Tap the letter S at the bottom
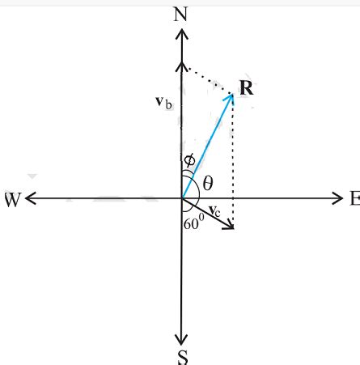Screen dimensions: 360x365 [181, 356]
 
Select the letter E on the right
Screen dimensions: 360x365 [353, 198]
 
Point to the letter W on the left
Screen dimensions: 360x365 [12, 199]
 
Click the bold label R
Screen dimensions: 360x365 [247, 87]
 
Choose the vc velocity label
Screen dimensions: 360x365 [214, 211]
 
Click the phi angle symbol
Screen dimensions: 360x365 [188, 159]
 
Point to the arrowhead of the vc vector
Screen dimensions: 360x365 [230, 225]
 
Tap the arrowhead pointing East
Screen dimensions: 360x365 [337, 197]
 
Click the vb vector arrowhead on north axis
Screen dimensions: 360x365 [181, 66]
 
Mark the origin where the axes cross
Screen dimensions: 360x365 [181, 197]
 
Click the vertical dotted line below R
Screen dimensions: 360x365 [233, 162]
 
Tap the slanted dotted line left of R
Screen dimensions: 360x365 [208, 80]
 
